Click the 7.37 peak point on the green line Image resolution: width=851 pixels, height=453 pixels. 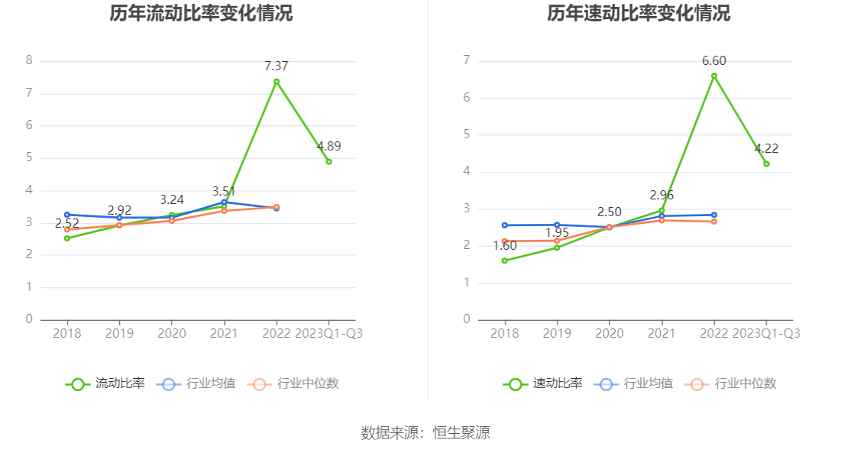pos(277,82)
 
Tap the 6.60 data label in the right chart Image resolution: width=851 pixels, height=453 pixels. pos(714,61)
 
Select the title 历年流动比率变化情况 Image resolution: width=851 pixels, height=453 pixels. pos(201,14)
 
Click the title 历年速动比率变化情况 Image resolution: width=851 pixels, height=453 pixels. pos(639,14)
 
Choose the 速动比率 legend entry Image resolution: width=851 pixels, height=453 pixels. pos(543,383)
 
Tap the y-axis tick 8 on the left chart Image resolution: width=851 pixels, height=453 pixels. pos(29,60)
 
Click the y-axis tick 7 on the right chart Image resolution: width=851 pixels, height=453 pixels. pos(467,60)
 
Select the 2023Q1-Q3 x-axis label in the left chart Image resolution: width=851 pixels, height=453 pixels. pos(328,334)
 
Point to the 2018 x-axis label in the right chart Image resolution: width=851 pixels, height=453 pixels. pos(504,334)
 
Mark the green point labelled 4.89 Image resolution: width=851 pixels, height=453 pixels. pos(328,162)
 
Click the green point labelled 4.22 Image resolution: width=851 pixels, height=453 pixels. pos(766,163)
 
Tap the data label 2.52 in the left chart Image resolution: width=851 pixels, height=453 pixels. pos(67,224)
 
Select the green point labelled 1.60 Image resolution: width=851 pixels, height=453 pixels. pos(504,260)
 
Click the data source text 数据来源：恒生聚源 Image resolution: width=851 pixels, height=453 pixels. pos(425,433)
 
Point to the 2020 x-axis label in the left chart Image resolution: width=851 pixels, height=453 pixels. pos(172,334)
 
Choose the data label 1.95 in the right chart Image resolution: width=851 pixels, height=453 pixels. pos(557,233)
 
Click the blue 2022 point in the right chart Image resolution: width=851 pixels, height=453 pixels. pos(714,215)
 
